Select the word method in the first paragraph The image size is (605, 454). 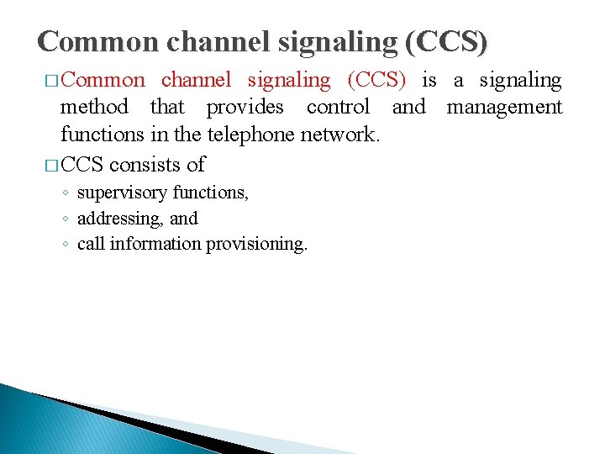(94, 107)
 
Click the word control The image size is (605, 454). (338, 107)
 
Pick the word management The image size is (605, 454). (504, 107)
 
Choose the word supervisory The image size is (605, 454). (122, 193)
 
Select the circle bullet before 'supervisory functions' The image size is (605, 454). (66, 193)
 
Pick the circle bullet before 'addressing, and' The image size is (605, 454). (66, 219)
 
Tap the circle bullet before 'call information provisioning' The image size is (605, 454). (66, 245)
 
